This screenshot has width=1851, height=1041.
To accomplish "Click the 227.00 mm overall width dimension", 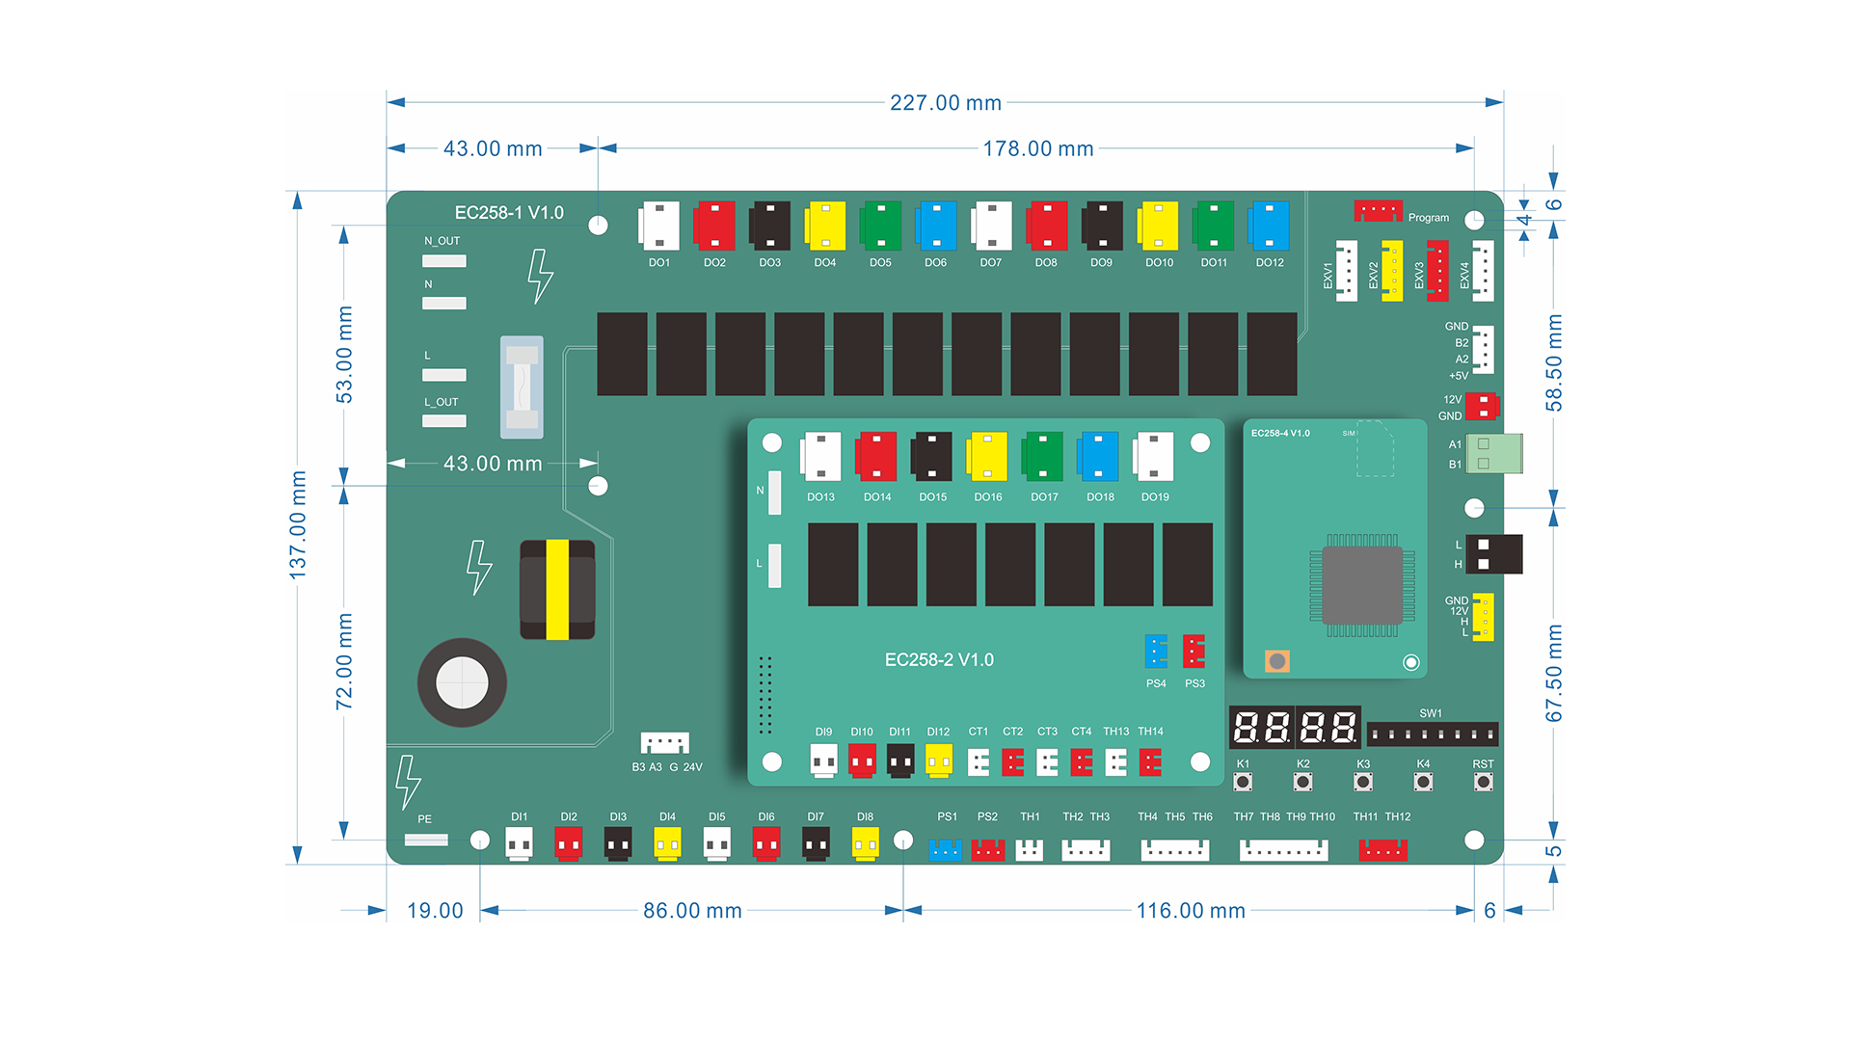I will (x=945, y=102).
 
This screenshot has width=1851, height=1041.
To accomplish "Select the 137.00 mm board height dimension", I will (x=298, y=525).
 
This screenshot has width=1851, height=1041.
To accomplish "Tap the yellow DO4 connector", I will (x=826, y=226).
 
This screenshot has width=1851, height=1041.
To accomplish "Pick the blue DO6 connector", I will (x=936, y=226).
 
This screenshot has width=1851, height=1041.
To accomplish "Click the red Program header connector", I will (x=1378, y=210).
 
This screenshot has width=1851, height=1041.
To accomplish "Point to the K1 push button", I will (x=1243, y=782).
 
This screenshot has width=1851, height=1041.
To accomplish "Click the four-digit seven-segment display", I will (x=1295, y=727).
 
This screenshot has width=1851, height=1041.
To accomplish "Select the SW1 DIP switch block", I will (x=1433, y=734).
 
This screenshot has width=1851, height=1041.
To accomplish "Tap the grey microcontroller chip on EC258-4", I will (x=1362, y=585).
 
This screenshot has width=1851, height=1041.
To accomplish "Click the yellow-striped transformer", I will (x=557, y=589).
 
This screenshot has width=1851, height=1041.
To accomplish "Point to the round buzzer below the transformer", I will (x=462, y=682).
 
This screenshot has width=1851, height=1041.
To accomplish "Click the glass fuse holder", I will (x=523, y=387).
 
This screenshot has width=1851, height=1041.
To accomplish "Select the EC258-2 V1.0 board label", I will (x=939, y=660).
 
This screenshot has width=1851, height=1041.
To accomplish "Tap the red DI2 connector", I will (x=569, y=844).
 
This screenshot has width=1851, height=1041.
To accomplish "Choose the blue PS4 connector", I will (x=1156, y=652).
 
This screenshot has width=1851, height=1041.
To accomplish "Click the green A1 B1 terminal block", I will (x=1493, y=454).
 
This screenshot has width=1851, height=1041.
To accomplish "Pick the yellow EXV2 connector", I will (x=1392, y=271).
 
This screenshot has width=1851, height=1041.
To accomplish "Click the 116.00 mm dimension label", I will (x=1191, y=911).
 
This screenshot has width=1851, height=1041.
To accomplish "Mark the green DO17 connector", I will (x=1043, y=457).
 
